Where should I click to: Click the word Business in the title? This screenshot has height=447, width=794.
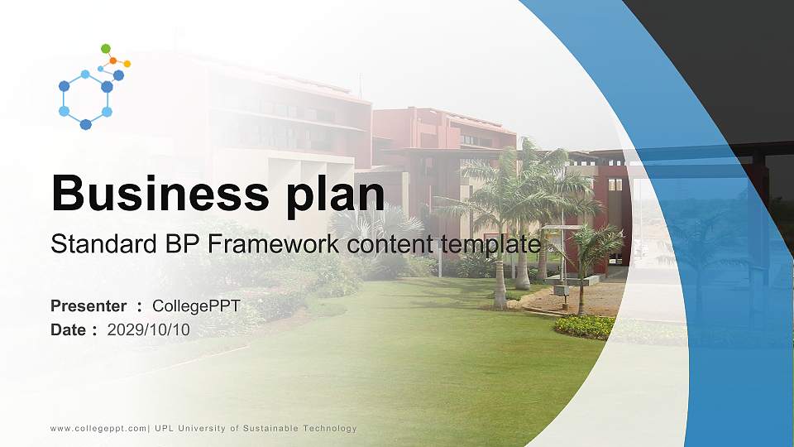[155, 193]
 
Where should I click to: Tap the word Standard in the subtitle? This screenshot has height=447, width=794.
[91, 244]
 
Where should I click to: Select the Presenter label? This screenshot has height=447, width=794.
[88, 306]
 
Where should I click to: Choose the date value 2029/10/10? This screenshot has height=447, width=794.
[149, 329]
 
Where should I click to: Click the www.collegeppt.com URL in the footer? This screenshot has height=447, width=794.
[98, 429]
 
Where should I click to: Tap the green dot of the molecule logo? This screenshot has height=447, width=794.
[105, 49]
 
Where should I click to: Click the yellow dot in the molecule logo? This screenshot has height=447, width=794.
[127, 64]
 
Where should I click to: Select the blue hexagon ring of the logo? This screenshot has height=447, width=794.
[85, 99]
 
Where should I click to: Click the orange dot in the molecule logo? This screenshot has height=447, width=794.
[112, 60]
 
